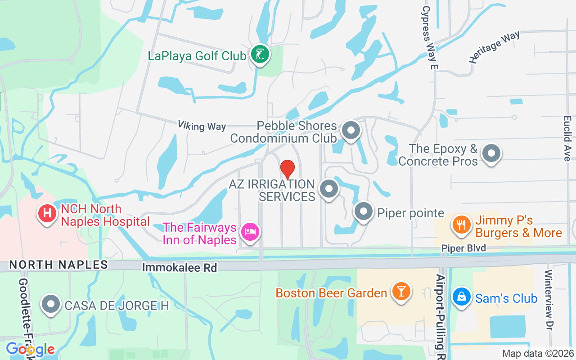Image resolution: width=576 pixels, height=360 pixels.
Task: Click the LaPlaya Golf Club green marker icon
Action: pyautogui.click(x=260, y=54)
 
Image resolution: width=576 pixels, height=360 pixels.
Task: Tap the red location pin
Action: pyautogui.click(x=288, y=169)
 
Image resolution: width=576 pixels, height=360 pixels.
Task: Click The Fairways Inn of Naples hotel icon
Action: pyautogui.click(x=250, y=232)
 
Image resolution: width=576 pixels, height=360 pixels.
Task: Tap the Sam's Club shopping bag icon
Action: pyautogui.click(x=461, y=297)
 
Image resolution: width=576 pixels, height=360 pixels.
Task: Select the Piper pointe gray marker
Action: pyautogui.click(x=364, y=211)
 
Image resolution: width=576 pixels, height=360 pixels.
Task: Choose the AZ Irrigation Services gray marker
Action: pyautogui.click(x=328, y=189)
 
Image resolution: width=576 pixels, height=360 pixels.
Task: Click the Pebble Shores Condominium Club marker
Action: pyautogui.click(x=351, y=131)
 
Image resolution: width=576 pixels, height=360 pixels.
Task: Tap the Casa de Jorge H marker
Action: pyautogui.click(x=51, y=305)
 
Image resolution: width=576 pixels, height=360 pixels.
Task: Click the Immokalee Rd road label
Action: pyautogui.click(x=180, y=267)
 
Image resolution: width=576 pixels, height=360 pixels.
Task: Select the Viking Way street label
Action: pyautogui.click(x=202, y=126)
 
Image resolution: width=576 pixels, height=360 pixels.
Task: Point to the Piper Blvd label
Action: pyautogui.click(x=463, y=248)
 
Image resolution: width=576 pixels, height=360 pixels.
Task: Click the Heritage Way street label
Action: pyautogui.click(x=494, y=46)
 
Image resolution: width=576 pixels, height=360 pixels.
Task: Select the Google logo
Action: pyautogui.click(x=30, y=349)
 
